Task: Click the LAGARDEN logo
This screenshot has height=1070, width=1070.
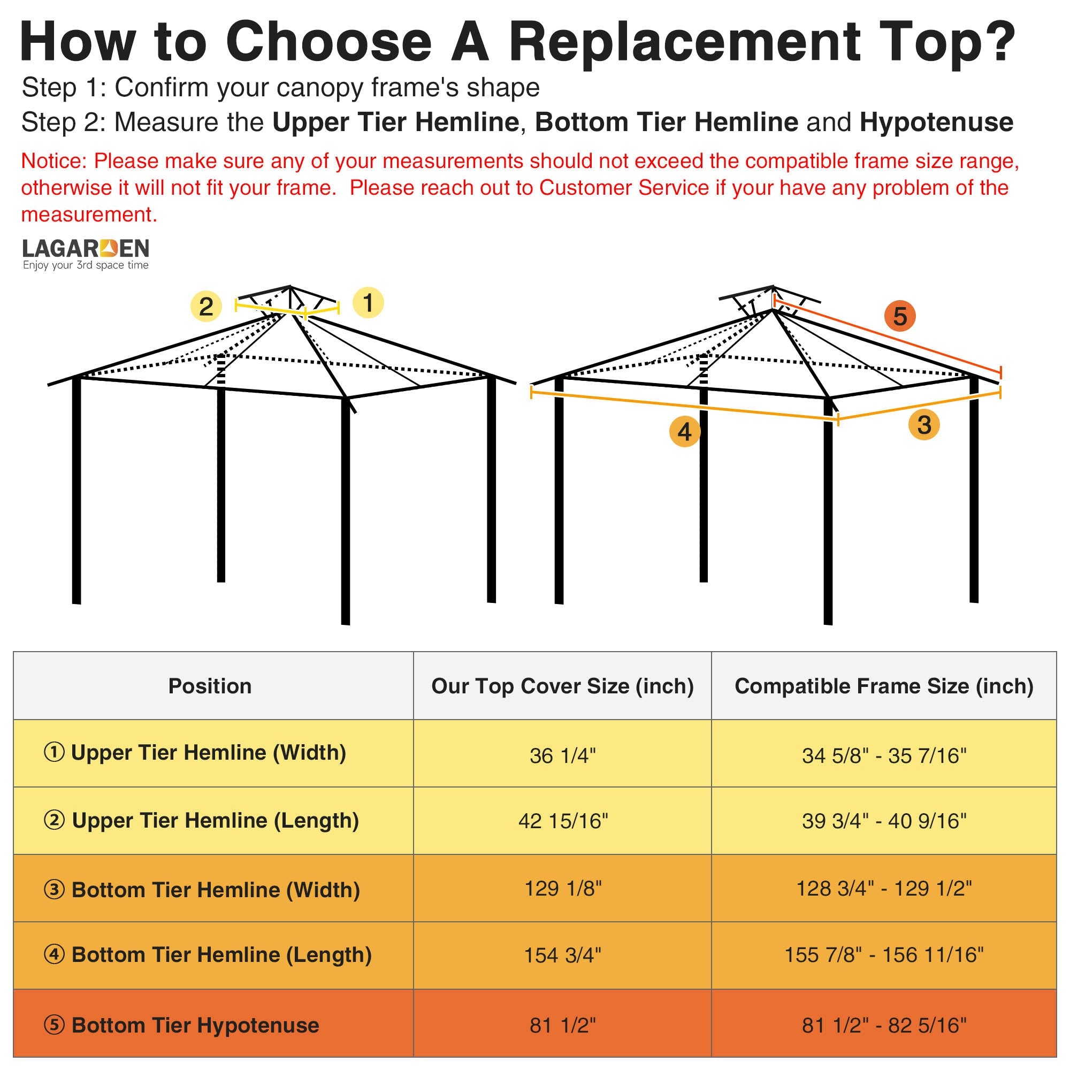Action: [86, 254]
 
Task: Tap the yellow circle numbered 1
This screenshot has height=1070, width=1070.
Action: [368, 302]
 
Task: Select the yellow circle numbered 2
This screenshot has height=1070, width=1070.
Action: [206, 306]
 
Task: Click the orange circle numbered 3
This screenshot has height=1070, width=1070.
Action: [924, 425]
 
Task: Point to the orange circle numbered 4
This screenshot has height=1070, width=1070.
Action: [685, 431]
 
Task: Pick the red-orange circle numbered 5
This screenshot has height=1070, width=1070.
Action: [900, 316]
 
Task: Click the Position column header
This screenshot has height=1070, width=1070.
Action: [210, 686]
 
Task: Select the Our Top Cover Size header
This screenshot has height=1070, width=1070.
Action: [562, 686]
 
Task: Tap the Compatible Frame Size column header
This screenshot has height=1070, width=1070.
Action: [884, 686]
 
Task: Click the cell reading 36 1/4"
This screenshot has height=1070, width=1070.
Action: [563, 755]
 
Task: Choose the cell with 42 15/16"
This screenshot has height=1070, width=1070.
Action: [563, 821]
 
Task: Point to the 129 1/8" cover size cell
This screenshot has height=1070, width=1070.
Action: [563, 888]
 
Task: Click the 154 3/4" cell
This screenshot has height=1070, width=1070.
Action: [563, 955]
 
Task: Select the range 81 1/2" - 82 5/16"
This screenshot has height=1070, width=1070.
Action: [884, 1025]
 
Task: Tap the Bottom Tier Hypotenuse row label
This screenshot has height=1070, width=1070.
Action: [182, 1025]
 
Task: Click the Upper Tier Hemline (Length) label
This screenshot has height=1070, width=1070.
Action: [201, 820]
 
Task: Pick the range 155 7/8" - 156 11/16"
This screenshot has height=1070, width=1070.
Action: [884, 955]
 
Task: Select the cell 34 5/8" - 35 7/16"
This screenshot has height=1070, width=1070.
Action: [884, 755]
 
